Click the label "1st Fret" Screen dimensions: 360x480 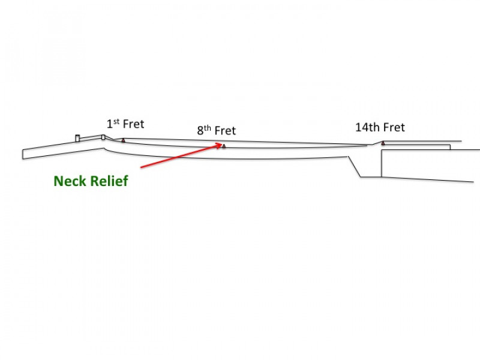coord(125,124)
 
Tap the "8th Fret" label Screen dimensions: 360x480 coord(216,130)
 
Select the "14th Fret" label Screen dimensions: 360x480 coord(380,127)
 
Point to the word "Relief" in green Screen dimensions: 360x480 coord(110,181)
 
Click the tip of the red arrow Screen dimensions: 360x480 coord(223,143)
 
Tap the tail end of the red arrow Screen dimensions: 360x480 coord(140,166)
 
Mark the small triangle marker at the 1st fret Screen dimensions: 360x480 coord(123,140)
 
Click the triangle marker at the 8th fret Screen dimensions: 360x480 coord(224,146)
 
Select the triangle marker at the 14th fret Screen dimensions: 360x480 coord(383,143)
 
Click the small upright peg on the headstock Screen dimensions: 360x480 coord(77,139)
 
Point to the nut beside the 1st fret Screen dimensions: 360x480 coord(103,137)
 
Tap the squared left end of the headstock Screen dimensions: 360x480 coord(23,154)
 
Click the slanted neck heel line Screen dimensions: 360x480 coord(355,167)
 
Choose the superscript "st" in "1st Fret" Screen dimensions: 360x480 coord(116,121)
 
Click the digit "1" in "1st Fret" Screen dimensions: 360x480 coord(110,125)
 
